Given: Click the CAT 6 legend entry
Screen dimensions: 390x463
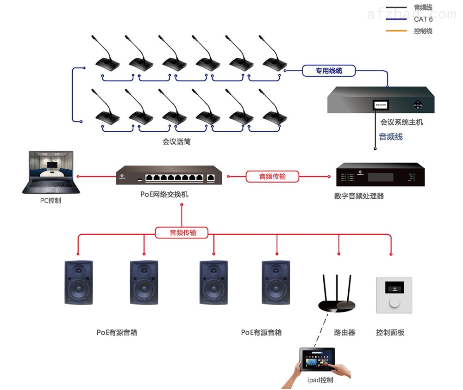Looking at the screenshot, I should coord(423,19).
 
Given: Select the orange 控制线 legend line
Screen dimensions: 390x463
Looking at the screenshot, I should coord(395,31).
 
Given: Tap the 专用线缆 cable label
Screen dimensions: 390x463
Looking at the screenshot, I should coord(329,71).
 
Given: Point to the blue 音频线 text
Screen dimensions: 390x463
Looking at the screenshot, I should coord(391,137).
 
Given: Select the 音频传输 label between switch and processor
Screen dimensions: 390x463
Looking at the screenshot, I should coord(272,176).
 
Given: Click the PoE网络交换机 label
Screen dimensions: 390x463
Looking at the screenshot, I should coord(164,195).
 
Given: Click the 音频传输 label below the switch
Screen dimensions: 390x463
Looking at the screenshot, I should coord(182,232).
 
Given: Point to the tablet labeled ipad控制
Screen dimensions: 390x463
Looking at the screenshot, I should coord(318,360).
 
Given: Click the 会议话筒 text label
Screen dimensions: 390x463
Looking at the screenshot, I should coord(176,142).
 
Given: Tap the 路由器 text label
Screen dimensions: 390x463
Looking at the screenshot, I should coord(344,332).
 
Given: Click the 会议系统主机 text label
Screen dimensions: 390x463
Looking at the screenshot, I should coord(401,122).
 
